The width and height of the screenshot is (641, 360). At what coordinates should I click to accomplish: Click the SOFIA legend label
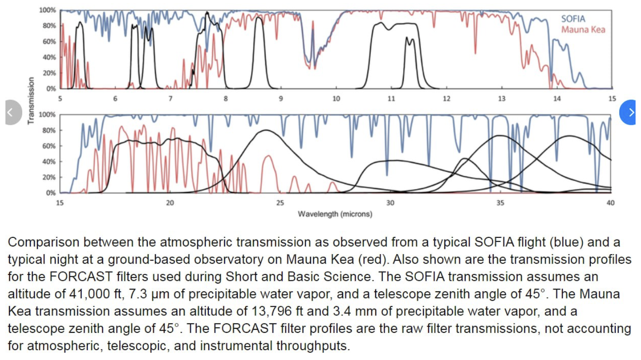coord(573,19)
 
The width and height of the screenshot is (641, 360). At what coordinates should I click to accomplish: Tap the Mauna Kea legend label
coord(583,30)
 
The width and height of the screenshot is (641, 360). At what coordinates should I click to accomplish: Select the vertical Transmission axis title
coord(30,100)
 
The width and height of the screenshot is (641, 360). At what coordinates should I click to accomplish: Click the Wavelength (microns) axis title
coord(335,213)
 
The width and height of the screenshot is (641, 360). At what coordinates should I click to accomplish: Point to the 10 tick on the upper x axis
coord(336,99)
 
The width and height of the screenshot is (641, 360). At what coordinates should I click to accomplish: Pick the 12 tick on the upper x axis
coord(446,99)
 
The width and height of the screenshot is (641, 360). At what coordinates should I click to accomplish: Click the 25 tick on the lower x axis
coord(280,203)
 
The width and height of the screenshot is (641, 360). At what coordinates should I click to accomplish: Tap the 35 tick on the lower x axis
coord(500,203)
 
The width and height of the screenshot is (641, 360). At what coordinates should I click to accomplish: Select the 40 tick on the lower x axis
coord(610,203)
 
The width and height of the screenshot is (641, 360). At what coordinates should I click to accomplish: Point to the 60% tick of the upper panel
coord(49,42)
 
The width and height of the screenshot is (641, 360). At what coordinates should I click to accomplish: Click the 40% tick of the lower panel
coord(49,162)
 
